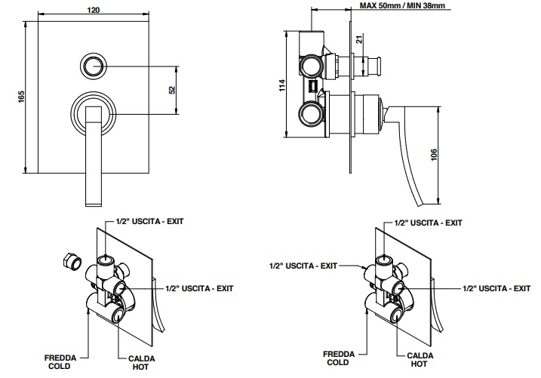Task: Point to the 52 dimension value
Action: point(172,90)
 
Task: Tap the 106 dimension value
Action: point(432,155)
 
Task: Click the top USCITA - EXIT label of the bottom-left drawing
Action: point(150,222)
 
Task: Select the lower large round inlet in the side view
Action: point(310,115)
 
